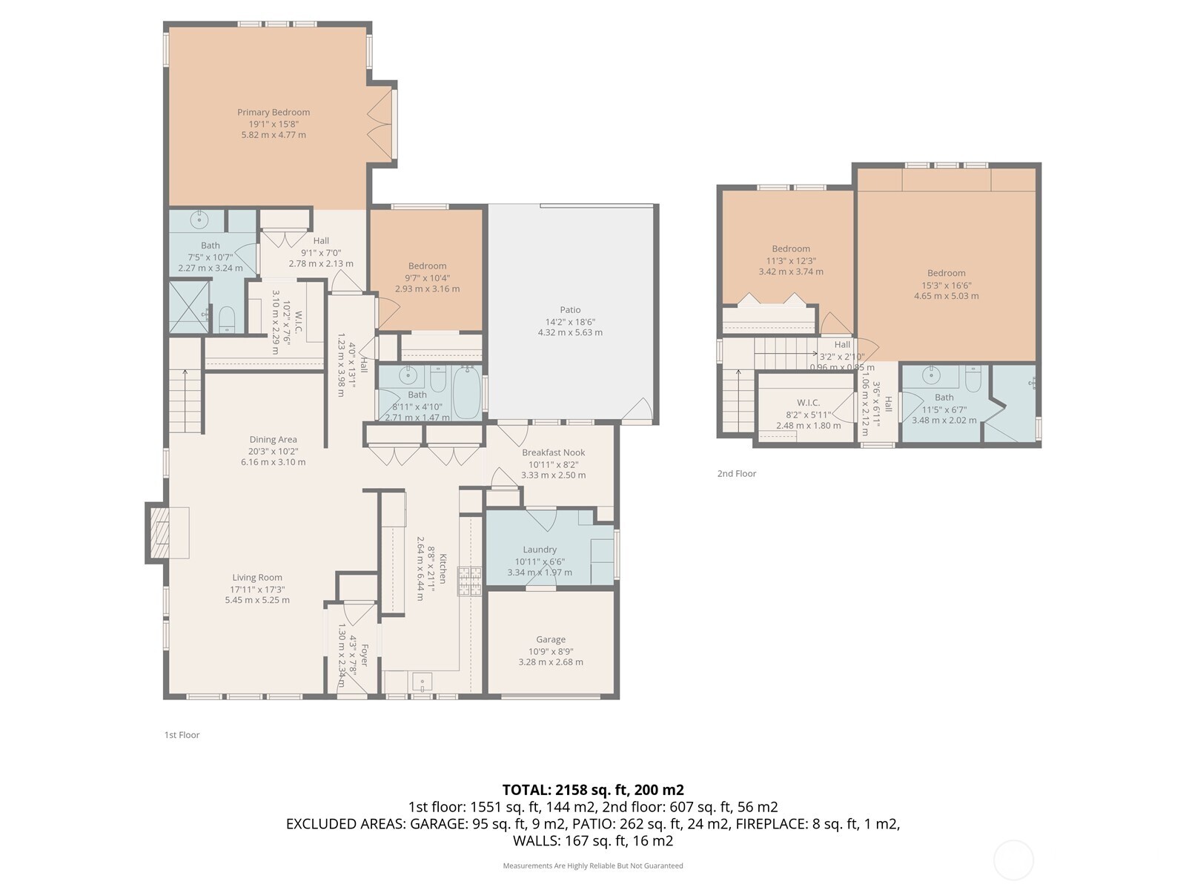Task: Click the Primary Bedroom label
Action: coord(274,113)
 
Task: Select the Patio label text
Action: coord(570,310)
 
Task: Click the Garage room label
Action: coord(551,639)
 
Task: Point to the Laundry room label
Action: coord(540,550)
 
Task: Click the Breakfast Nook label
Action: coord(553,452)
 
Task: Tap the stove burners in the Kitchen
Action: coord(469,581)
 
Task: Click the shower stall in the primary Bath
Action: coord(188,306)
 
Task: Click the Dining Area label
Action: coord(273,440)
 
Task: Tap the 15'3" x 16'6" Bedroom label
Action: coord(946,273)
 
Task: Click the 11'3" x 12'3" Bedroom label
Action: coord(791,249)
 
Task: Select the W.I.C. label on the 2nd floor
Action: coord(808,403)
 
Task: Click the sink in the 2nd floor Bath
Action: coord(931,375)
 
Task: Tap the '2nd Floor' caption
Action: coord(736,473)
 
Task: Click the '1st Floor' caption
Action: coord(182,735)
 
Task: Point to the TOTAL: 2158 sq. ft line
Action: coord(592,790)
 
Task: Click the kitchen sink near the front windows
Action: coord(422,680)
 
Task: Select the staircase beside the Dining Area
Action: coord(185,400)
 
